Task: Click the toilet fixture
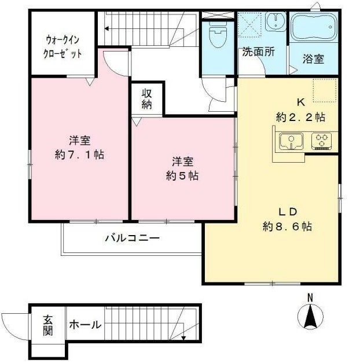tap(218, 34)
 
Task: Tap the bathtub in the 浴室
tap(313, 27)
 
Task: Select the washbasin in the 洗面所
tap(275, 21)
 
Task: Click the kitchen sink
tap(291, 141)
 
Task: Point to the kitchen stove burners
tap(321, 141)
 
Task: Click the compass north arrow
tap(310, 317)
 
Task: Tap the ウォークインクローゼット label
tap(63, 47)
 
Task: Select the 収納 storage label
tap(147, 99)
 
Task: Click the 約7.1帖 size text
tap(79, 155)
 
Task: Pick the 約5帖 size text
tap(182, 176)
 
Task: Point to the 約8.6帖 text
tap(287, 226)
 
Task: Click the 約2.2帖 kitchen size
tap(300, 117)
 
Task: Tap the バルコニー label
tap(133, 238)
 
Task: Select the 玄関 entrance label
tap(48, 326)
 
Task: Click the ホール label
tap(85, 324)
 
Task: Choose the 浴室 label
tap(313, 59)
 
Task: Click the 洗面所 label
tap(258, 52)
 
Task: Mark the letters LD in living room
tap(287, 212)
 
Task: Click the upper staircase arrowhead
tap(106, 29)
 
